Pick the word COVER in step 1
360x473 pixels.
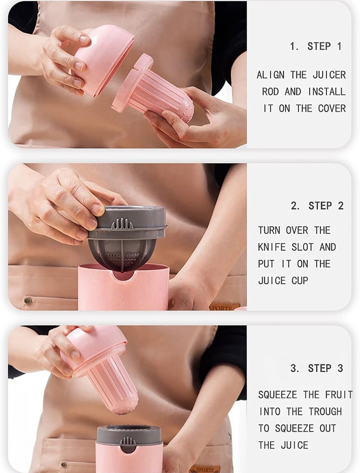[x=331, y=108]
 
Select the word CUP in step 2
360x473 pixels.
[x=300, y=280]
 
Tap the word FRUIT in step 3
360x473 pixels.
[x=338, y=395]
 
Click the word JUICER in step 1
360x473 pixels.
[x=329, y=75]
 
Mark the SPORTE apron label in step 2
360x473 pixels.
[x=224, y=307]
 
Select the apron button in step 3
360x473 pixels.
[x=64, y=465]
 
